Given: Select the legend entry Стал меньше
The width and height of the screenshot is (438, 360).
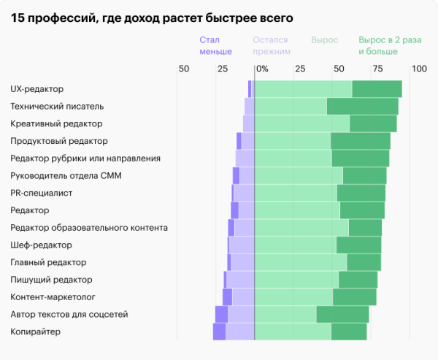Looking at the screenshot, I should (215, 46).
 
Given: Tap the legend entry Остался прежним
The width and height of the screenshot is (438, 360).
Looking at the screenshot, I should (272, 46).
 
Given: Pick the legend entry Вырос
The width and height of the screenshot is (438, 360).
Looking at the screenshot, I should (325, 40).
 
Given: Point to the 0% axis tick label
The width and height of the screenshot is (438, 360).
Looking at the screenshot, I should (261, 69).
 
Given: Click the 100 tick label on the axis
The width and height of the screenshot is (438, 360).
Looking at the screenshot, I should (418, 69).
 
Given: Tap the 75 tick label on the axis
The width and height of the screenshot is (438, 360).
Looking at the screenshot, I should (378, 69).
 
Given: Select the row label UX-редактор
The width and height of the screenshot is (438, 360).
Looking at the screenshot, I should (37, 89).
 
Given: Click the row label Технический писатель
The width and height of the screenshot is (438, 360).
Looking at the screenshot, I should (57, 107).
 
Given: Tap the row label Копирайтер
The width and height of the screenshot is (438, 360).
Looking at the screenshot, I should (35, 332).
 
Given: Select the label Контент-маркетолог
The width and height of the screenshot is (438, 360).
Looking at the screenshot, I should (53, 297).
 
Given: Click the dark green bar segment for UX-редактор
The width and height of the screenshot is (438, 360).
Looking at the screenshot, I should (377, 89).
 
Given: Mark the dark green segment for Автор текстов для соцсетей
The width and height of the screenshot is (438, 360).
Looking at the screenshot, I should (342, 315).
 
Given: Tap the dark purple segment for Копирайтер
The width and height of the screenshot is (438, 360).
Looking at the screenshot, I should (219, 332).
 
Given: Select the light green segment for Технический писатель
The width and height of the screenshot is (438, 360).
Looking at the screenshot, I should (291, 107).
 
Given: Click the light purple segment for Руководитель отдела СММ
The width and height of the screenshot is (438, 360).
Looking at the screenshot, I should (247, 176).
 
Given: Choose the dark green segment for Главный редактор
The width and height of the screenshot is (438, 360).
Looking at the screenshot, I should (364, 263).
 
